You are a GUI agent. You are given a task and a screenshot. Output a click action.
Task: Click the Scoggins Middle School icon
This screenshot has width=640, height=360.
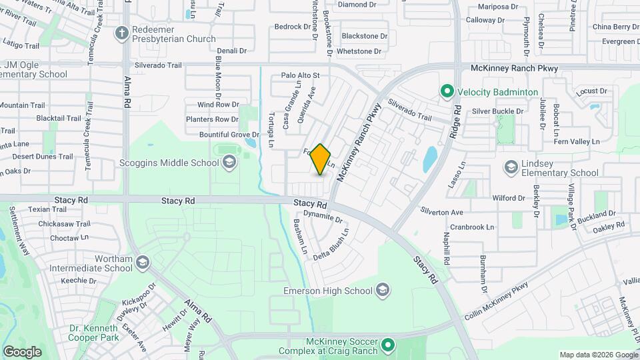[x=229, y=163]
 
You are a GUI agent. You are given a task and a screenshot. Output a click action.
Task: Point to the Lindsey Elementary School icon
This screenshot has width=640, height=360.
[x=511, y=166]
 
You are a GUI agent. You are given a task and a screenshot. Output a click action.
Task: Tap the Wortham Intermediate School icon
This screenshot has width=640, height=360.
[x=142, y=263]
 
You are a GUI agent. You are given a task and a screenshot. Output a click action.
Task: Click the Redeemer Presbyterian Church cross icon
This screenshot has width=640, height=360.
[x=121, y=32]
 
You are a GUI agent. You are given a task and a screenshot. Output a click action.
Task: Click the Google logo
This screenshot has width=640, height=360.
[x=22, y=351]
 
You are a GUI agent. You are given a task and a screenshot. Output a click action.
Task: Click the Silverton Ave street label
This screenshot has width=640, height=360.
[x=441, y=212]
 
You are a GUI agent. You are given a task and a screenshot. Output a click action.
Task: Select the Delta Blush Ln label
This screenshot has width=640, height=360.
[x=331, y=245]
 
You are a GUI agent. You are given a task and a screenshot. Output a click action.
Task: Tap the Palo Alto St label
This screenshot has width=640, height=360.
[x=300, y=76]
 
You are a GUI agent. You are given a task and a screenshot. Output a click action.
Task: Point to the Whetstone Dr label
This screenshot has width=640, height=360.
[x=359, y=51]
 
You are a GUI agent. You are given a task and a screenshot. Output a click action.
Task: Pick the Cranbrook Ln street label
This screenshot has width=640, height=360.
[x=472, y=227]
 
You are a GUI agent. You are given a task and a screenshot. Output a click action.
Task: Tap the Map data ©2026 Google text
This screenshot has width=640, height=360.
[x=598, y=355]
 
